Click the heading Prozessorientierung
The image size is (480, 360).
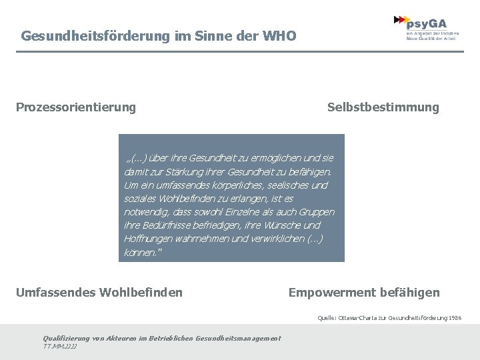point(75,107)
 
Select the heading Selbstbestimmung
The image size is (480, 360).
point(383,107)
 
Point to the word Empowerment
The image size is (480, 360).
point(331,292)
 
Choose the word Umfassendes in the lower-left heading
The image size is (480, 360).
point(56,292)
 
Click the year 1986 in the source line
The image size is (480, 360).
point(454,318)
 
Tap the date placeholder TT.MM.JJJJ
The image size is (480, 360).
point(59,347)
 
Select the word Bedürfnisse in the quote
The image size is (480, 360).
point(171,225)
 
